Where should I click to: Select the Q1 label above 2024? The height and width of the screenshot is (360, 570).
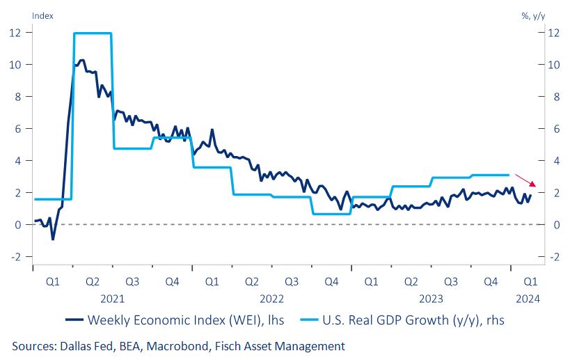click(x=530, y=282)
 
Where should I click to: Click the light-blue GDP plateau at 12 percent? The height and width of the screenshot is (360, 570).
click(x=92, y=33)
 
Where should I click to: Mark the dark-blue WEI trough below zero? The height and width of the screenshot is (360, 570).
click(x=53, y=239)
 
